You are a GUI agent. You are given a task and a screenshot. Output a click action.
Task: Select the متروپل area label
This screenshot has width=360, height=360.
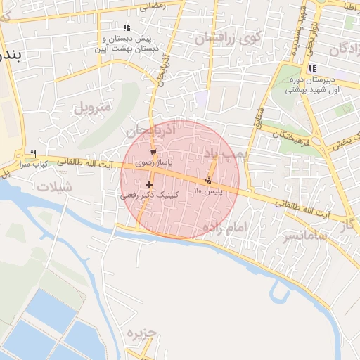click(92, 108)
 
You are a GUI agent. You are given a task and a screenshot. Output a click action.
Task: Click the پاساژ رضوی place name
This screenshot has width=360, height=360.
click(153, 162)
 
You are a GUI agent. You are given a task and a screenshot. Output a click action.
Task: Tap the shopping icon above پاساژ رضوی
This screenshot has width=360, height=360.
click(153, 152)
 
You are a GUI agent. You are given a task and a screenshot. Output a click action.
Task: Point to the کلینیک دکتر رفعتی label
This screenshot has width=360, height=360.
click(150, 195)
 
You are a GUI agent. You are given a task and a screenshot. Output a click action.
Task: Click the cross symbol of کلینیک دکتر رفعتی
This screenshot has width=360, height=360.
click(150, 184)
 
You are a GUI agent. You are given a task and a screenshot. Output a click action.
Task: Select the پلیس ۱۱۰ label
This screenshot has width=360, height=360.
click(208, 191)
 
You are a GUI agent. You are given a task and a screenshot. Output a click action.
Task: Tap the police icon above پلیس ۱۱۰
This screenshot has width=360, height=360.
click(208, 181)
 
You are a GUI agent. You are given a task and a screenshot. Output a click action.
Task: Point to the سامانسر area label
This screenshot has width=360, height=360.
click(285, 236)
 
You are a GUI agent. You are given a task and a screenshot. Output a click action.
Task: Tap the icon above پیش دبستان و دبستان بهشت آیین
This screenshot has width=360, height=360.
click(127, 27)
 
